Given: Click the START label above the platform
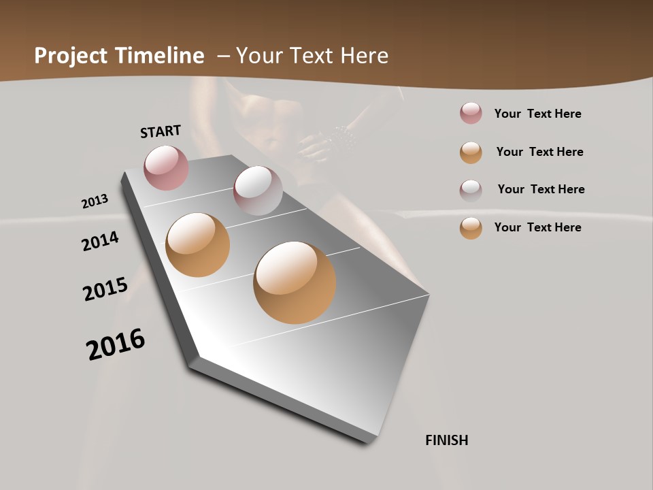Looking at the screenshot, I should pyautogui.click(x=161, y=131).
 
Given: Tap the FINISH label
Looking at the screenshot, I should pyautogui.click(x=447, y=440).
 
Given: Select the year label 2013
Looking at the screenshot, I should pyautogui.click(x=95, y=201).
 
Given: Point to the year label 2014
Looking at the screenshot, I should pyautogui.click(x=101, y=241).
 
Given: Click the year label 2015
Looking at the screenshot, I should pyautogui.click(x=105, y=289).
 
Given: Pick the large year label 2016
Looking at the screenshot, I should pyautogui.click(x=116, y=344).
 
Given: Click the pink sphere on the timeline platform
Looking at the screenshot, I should pyautogui.click(x=166, y=167).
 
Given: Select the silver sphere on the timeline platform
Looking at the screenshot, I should pyautogui.click(x=258, y=190).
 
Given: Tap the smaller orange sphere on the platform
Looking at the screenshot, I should pyautogui.click(x=197, y=245).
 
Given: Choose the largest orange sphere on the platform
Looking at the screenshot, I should pyautogui.click(x=295, y=282).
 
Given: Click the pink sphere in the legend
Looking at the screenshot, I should pyautogui.click(x=471, y=114).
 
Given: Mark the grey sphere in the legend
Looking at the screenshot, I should pyautogui.click(x=471, y=190).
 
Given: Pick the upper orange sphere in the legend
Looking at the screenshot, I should pyautogui.click(x=471, y=152).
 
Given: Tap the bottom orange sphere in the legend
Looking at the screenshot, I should pyautogui.click(x=471, y=228).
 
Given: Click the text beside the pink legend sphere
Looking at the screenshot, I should pyautogui.click(x=537, y=114).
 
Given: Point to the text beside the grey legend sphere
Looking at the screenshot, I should pyautogui.click(x=541, y=189).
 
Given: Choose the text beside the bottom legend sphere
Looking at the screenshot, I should pyautogui.click(x=537, y=227).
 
